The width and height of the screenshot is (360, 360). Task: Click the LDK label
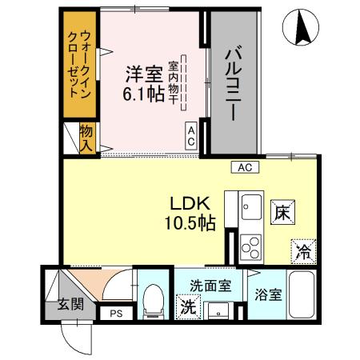pos(189,202)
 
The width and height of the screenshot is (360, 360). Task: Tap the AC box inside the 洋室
pos(192,133)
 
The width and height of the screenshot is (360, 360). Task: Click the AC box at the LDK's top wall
pos(245,167)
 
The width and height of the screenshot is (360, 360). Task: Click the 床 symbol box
pos(282,214)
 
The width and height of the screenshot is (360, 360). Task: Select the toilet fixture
pos(150,302)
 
